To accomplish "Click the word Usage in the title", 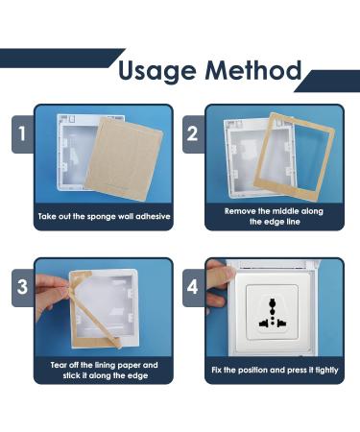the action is click(x=156, y=72).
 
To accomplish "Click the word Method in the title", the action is click(x=253, y=70).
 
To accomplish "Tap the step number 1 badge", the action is click(x=22, y=134).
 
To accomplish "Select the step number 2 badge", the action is click(x=193, y=134).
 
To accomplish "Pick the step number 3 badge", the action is click(x=22, y=287).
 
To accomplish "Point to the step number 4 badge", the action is click(x=193, y=287).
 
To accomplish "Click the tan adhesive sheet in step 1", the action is click(x=124, y=159).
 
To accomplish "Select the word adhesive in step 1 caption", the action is click(x=153, y=216).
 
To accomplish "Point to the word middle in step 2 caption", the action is click(x=283, y=211).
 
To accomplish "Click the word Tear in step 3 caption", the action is click(x=59, y=365).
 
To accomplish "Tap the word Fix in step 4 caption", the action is click(x=216, y=370).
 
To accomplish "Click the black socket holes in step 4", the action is click(x=273, y=314).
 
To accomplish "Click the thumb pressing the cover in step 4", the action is click(x=220, y=272).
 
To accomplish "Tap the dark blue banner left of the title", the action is click(x=60, y=59).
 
